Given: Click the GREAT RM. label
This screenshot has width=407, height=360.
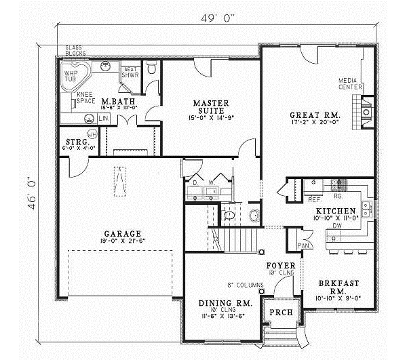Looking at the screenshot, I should [314, 116].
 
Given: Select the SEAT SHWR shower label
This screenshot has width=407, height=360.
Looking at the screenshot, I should [130, 73].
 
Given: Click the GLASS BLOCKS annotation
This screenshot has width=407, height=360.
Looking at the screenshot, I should [75, 50].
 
